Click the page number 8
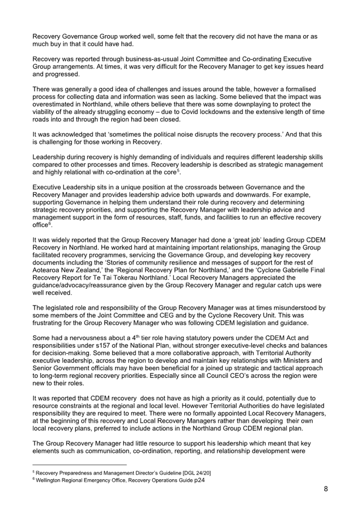point(326,489)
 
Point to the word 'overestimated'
point(51,104)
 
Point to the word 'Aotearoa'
point(45,270)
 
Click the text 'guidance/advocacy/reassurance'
point(74,285)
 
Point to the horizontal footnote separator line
point(79,465)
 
